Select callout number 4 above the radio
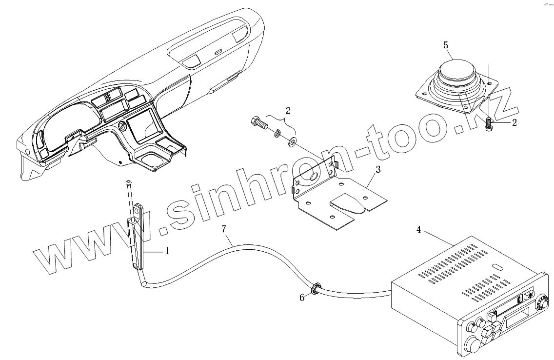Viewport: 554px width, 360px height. [x=418, y=229]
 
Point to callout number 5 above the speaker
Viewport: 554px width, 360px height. [x=446, y=45]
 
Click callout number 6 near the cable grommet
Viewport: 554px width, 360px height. [x=302, y=297]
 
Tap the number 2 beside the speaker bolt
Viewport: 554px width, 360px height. [x=514, y=123]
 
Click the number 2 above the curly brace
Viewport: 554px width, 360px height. [x=288, y=111]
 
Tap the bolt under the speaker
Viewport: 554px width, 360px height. [x=488, y=123]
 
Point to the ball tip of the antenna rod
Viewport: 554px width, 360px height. [x=128, y=183]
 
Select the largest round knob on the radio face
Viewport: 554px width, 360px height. [x=473, y=344]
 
